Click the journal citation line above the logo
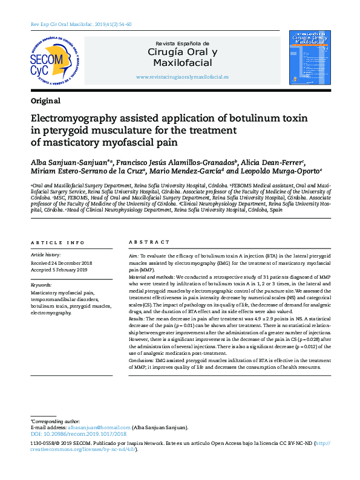pyautogui.click(x=81, y=24)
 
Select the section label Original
pyautogui.click(x=45, y=101)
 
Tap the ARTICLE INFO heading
pyautogui.click(x=57, y=242)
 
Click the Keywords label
pyautogui.click(x=41, y=284)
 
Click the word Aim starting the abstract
pyautogui.click(x=134, y=256)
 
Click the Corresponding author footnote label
pyautogui.click(x=55, y=421)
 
